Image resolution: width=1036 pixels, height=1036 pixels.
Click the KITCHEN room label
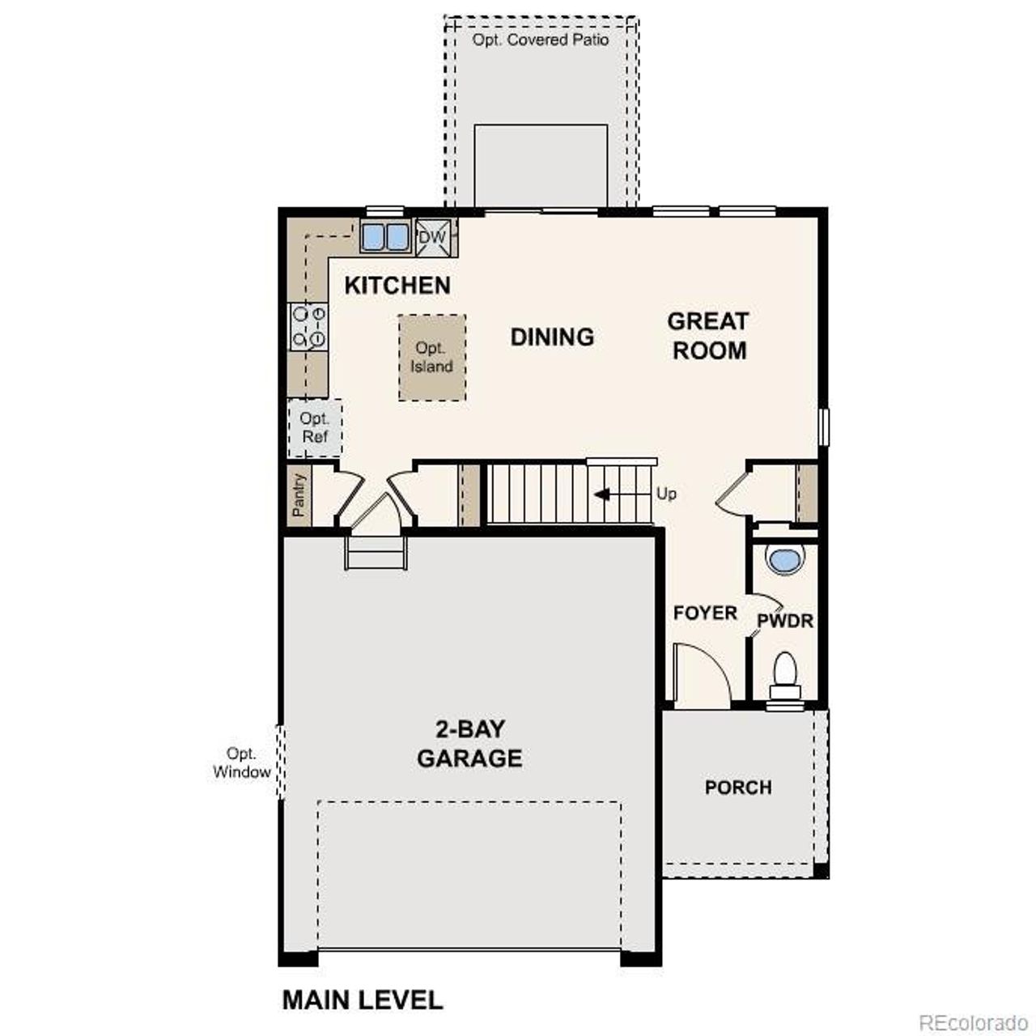point(397,286)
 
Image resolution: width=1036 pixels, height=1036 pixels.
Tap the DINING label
point(552,337)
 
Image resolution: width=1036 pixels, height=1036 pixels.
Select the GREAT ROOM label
point(708,336)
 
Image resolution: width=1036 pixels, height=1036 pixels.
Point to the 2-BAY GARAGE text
point(469,744)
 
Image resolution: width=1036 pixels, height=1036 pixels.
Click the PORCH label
point(738,788)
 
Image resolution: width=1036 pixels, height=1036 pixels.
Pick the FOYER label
point(705,614)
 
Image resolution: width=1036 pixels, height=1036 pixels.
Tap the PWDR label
point(784,621)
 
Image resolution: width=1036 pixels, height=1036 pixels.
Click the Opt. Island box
point(431,358)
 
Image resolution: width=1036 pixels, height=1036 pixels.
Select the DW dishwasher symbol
point(432,237)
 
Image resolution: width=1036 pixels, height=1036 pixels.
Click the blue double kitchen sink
point(385,237)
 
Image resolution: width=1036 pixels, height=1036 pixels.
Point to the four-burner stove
point(308,326)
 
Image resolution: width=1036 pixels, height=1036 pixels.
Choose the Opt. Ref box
point(315,428)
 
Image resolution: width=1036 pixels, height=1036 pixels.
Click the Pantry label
point(299,495)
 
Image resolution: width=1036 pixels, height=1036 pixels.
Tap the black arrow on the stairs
point(602,494)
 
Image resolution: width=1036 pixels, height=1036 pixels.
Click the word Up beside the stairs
point(666,494)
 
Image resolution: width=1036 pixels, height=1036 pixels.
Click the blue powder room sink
point(784,560)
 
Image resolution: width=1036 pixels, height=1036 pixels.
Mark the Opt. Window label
point(241,763)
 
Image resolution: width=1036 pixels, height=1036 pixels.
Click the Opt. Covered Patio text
point(541,40)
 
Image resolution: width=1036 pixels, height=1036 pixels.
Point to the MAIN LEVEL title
point(362,1000)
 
